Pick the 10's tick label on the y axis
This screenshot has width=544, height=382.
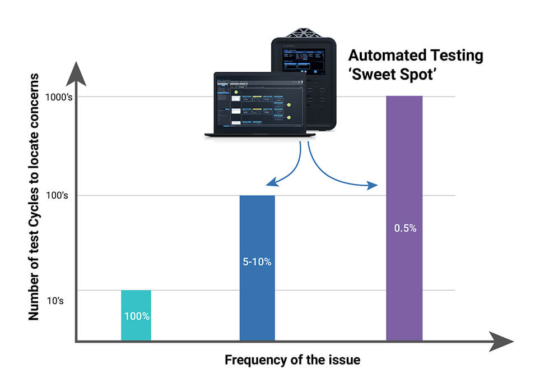coord(54,301)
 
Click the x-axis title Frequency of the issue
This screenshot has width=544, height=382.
coord(292,360)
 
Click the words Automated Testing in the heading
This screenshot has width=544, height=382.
coord(415,56)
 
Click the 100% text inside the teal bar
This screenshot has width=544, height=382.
coord(137,316)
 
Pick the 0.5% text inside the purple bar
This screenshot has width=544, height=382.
coord(404,229)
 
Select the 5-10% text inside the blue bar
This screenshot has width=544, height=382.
coord(257,262)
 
